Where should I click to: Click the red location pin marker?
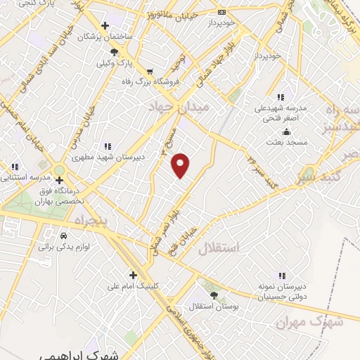181,165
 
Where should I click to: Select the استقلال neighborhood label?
219,247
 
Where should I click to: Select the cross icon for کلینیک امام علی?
132,275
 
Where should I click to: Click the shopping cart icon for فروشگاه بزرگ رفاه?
150,72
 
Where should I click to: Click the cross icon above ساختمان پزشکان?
105,26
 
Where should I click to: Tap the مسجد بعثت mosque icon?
285,132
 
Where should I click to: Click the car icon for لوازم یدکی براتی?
63,236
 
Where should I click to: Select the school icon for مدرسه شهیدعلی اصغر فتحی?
281,97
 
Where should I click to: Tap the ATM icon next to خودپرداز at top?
222,12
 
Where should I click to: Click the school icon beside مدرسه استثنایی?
15,167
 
